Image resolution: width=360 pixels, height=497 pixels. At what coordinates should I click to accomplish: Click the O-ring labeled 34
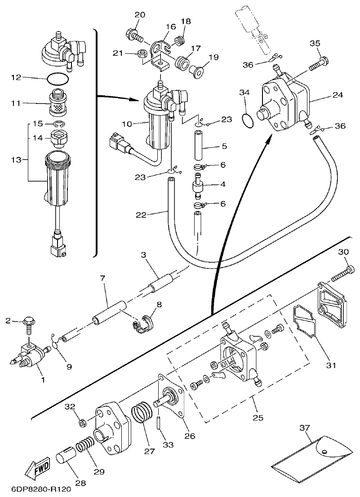[247, 121]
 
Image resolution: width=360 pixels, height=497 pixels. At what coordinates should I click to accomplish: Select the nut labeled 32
[83, 423]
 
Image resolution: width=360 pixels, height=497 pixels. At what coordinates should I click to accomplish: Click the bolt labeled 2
[27, 324]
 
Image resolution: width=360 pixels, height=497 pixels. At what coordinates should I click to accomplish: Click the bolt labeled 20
[135, 33]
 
